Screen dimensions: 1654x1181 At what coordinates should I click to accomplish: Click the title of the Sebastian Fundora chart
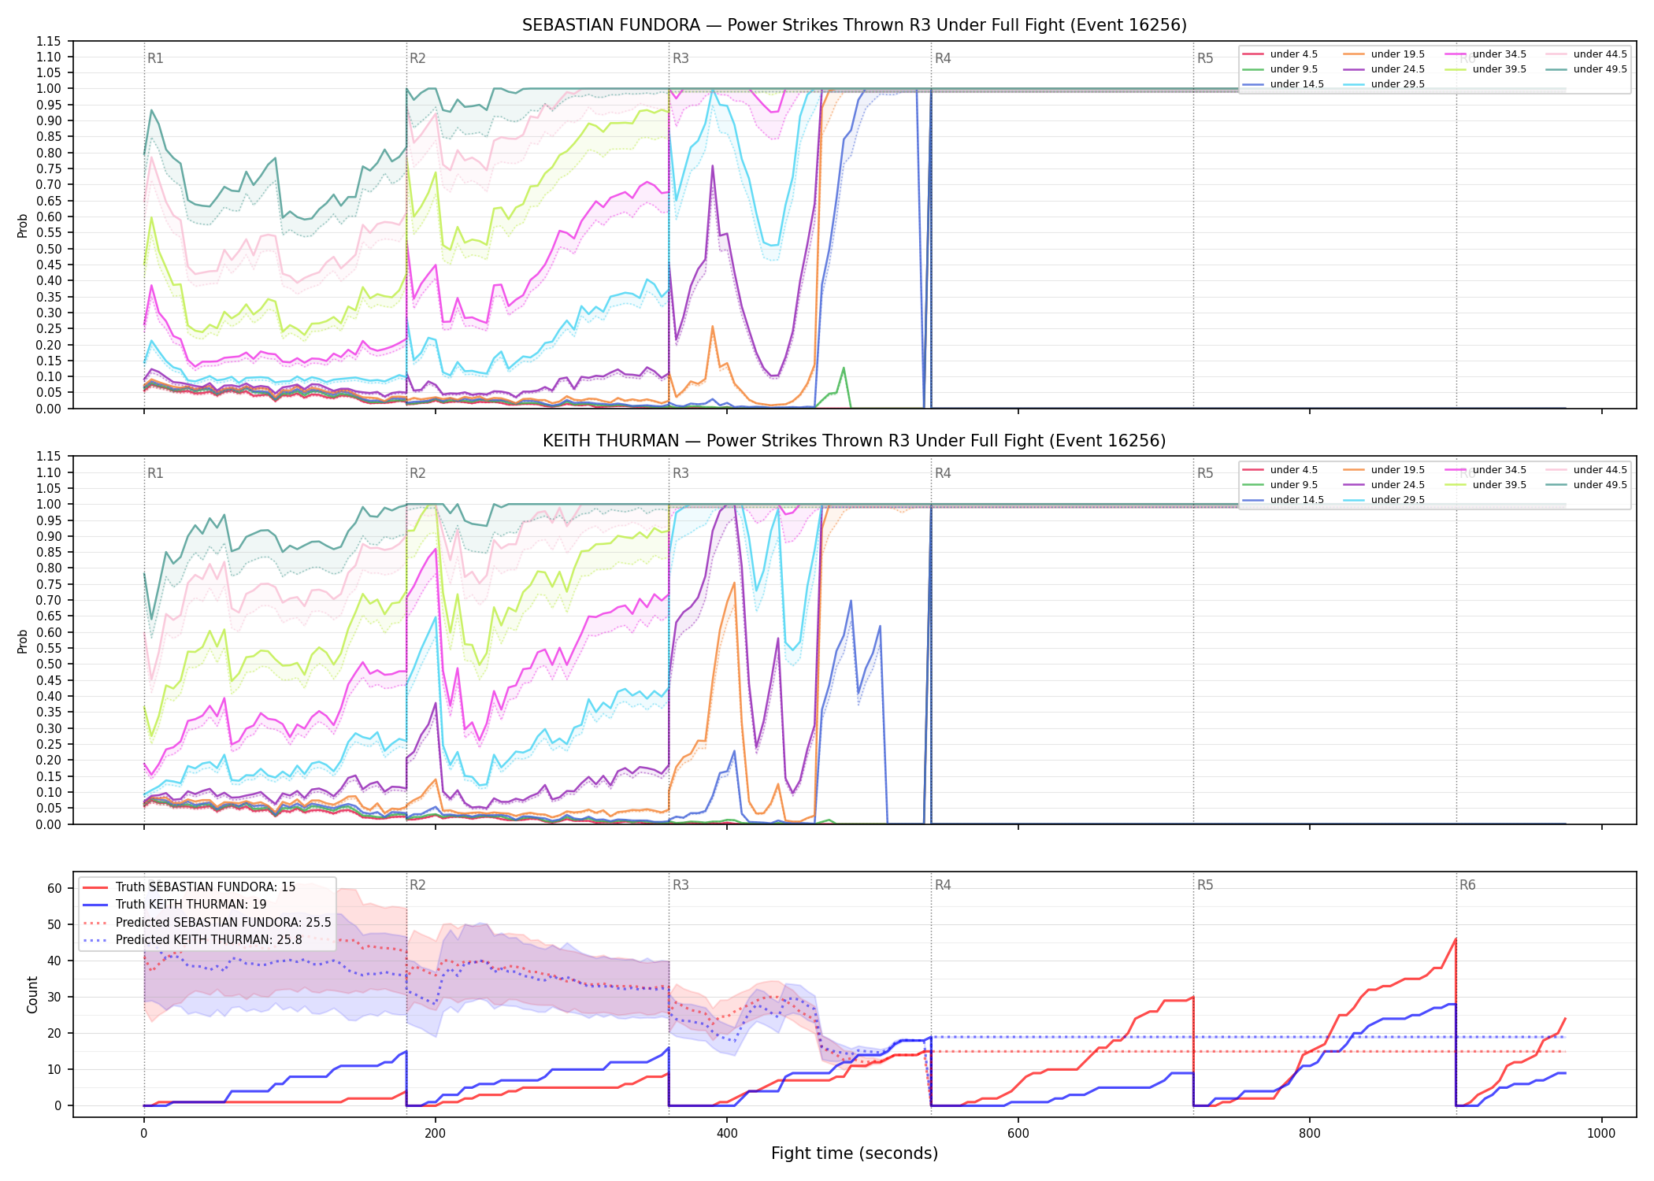855,25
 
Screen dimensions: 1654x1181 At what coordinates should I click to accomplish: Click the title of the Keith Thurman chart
855,441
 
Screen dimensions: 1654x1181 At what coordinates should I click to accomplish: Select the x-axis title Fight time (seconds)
855,1153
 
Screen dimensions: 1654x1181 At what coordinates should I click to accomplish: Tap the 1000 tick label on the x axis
1601,1134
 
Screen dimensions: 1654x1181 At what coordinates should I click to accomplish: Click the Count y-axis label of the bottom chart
32,994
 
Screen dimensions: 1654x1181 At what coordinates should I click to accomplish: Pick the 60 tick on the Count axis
54,888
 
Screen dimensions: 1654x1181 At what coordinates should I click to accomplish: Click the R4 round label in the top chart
943,58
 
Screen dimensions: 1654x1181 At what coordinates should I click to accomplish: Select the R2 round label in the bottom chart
417,885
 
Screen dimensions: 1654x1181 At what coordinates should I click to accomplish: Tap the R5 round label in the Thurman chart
1205,473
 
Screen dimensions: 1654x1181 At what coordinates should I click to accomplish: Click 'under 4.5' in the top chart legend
1293,54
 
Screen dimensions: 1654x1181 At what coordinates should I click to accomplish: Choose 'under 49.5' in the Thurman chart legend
1600,485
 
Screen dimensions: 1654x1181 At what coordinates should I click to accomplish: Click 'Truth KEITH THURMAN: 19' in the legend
191,905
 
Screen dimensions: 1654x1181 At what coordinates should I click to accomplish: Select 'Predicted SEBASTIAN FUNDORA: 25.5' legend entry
223,922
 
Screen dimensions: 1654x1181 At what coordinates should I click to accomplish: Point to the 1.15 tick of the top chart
48,41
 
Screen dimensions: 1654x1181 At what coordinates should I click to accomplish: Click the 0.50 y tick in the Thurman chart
48,664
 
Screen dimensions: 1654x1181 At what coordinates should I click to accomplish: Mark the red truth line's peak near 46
1456,939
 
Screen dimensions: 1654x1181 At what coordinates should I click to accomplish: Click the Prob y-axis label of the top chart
23,225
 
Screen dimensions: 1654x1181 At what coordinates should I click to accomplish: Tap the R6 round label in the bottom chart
1467,885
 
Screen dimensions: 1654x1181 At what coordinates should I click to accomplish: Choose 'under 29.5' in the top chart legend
1397,84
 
